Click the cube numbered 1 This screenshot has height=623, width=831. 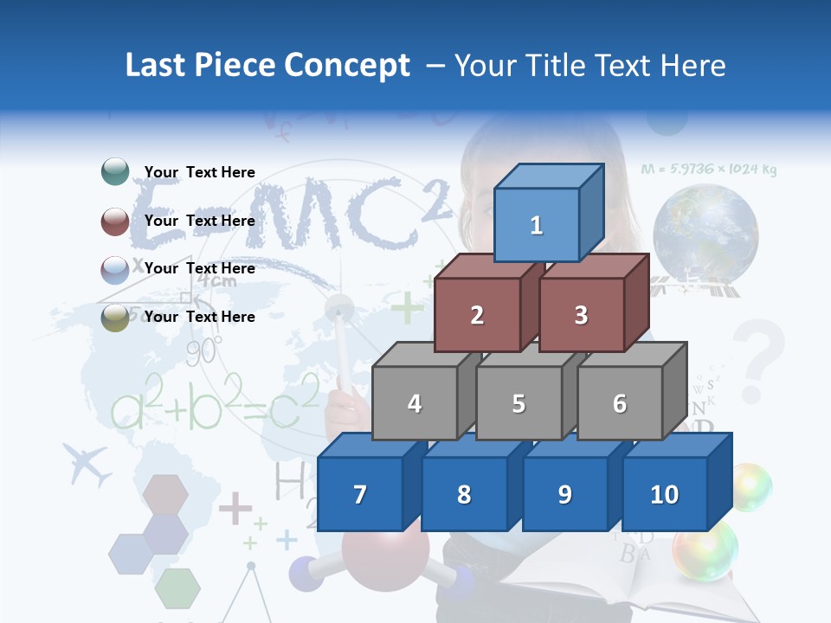pos(537,225)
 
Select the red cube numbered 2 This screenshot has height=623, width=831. pos(477,315)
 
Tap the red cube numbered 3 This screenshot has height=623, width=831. pos(581,315)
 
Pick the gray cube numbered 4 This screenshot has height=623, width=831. pos(415,403)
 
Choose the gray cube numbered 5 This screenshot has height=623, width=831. pos(519,403)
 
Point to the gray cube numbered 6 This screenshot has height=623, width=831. pos(620,403)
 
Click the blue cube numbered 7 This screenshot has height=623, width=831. pos(360,494)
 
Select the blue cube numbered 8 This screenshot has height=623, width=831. pos(464,494)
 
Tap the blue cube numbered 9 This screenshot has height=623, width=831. pos(564,494)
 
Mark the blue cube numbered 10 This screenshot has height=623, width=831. pos(665,494)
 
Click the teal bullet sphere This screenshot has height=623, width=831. pos(115,172)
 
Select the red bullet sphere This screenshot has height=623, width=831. pos(115,221)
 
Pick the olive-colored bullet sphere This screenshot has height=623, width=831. pos(115,317)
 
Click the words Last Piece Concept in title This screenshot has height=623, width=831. pos(267,65)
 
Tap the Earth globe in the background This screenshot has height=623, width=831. pos(705,234)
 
